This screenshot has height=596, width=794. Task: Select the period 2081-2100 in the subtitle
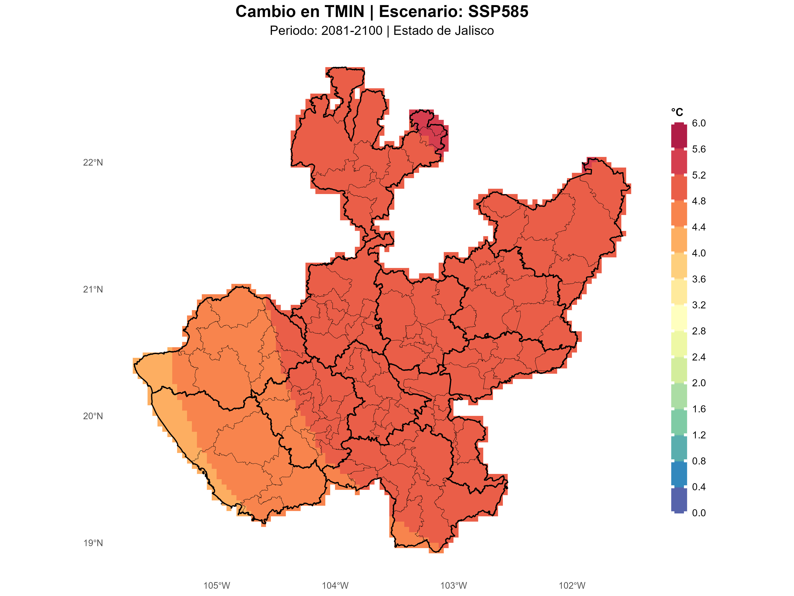tap(352, 31)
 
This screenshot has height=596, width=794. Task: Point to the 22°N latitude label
tap(93, 163)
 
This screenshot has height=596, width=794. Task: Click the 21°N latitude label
tap(93, 290)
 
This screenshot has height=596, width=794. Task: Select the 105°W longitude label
tap(217, 586)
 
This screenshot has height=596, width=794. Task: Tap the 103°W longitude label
tap(454, 586)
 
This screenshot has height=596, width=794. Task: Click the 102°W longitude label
tap(572, 586)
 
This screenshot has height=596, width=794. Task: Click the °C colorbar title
tap(677, 112)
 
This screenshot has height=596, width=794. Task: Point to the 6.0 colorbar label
tap(698, 123)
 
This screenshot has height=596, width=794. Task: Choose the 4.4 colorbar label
tap(698, 227)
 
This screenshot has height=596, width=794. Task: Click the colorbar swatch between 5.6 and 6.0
tap(679, 136)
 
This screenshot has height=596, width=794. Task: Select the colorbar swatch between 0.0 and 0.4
tap(679, 500)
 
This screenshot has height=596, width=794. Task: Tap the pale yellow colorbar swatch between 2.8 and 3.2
tap(679, 318)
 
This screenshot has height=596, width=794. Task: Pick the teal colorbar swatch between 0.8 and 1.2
tap(679, 448)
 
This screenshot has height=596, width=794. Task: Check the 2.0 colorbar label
tap(698, 383)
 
